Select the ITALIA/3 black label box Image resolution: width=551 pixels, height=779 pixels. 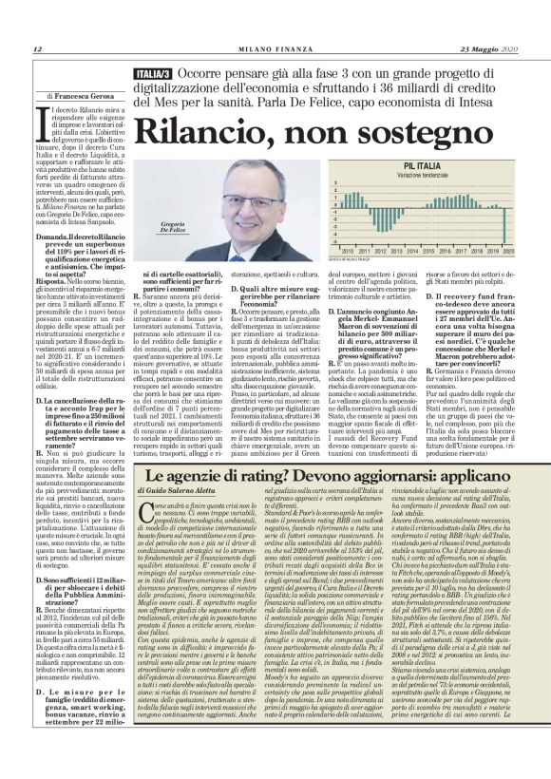pos(152,73)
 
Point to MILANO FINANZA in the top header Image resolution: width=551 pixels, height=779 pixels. pos(275,49)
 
